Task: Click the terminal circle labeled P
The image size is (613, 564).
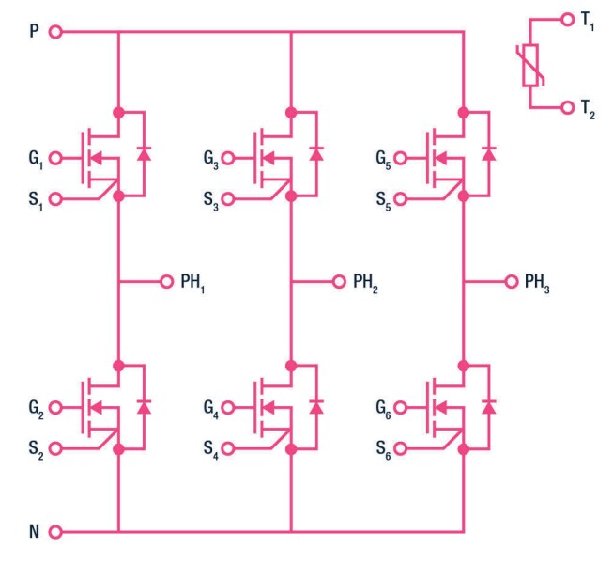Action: [x=54, y=32]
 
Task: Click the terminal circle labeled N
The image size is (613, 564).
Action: [x=54, y=532]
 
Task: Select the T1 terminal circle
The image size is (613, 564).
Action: [x=566, y=19]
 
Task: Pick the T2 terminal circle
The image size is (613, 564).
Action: [x=566, y=108]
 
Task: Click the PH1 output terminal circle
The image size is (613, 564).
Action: [x=166, y=281]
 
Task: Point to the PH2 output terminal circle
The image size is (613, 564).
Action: [x=339, y=281]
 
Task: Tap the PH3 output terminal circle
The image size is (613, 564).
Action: [x=512, y=281]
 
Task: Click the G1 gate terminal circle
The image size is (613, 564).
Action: [x=54, y=158]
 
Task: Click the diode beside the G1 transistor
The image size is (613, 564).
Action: [x=144, y=154]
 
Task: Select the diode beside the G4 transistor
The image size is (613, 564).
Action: [x=316, y=406]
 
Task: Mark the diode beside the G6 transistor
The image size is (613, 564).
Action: [x=489, y=406]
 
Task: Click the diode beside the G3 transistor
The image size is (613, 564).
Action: [x=316, y=154]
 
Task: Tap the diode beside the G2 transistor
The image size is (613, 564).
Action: [x=144, y=406]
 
